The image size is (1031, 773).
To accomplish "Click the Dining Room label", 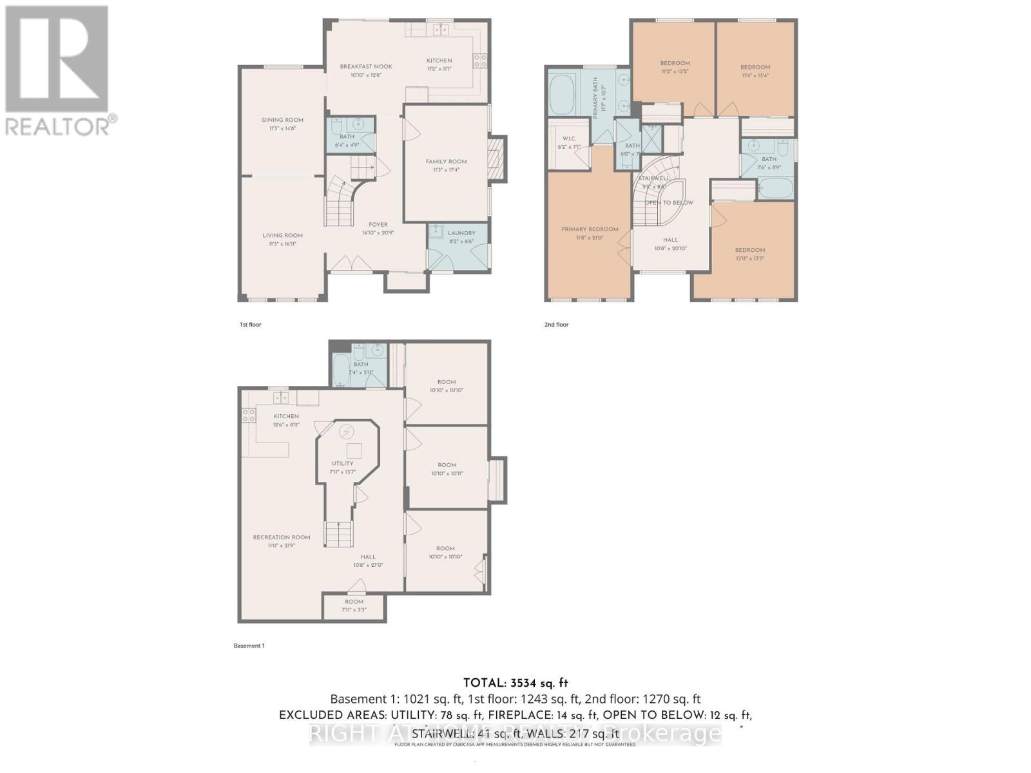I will (282, 120).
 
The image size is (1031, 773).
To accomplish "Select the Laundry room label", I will (461, 233).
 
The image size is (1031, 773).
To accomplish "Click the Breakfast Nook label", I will (366, 66).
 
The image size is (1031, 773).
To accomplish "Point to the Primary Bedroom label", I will (589, 229).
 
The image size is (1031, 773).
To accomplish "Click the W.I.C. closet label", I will (568, 138).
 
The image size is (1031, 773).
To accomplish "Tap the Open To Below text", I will (669, 202).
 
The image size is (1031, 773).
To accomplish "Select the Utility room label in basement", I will (342, 463).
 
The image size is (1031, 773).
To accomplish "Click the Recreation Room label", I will (282, 537).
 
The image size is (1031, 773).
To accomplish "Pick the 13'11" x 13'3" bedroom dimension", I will (750, 258).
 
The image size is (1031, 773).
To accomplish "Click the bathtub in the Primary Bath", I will (564, 93).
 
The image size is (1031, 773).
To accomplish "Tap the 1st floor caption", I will (250, 325).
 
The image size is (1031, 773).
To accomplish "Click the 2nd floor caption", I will (556, 325).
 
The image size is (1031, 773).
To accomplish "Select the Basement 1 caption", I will (249, 645).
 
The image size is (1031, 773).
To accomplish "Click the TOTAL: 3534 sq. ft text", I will (515, 683).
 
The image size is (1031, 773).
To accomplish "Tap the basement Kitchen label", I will (286, 416).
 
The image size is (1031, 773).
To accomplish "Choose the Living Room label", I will (282, 235).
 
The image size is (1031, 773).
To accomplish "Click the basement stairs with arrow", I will (339, 532).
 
